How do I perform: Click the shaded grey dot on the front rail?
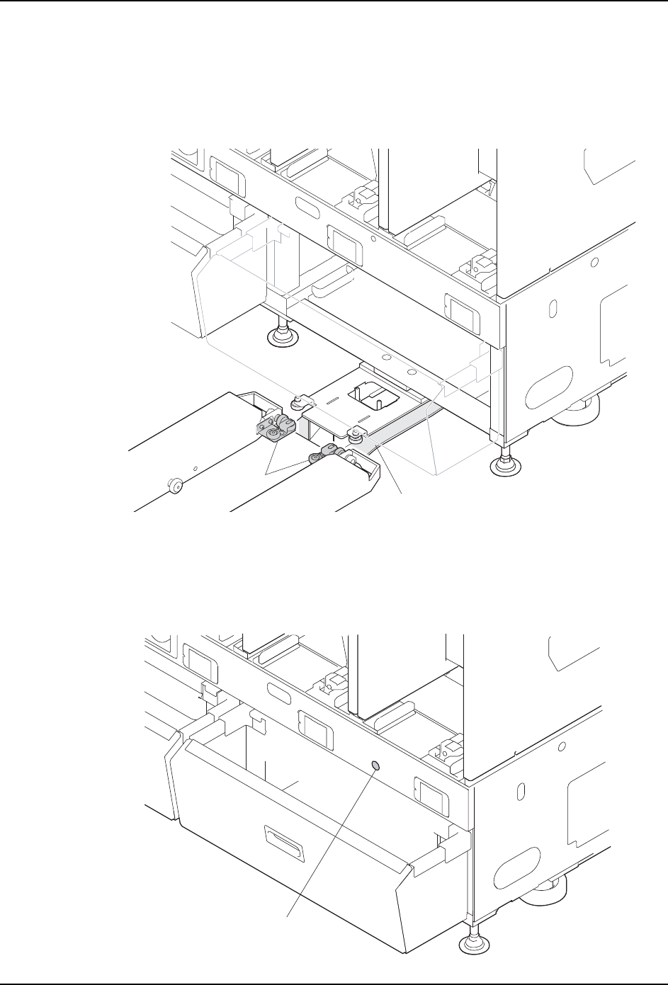(376, 766)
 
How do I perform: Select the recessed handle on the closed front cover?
(282, 837)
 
